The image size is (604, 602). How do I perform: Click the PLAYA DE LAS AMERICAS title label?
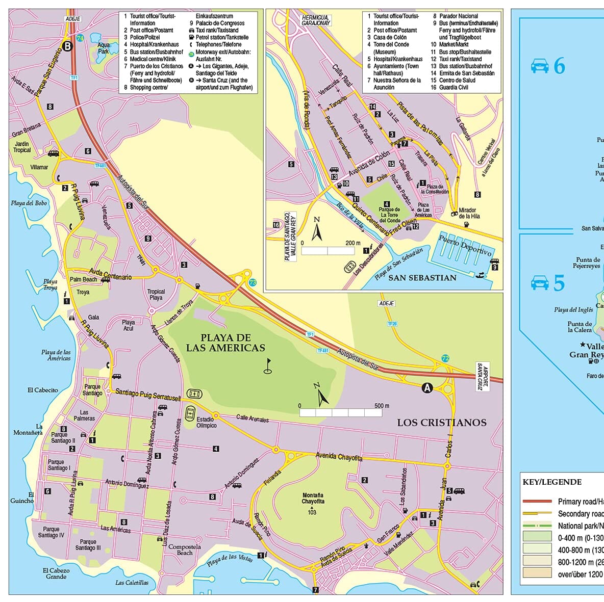pos(225,343)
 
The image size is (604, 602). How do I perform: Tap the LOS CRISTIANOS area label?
pos(442,422)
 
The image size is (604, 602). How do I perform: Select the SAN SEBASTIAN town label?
pos(422,278)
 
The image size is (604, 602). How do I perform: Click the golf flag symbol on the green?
pos(268,366)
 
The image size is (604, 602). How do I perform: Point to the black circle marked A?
pos(427,388)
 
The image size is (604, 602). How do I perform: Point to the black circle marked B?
pos(67,46)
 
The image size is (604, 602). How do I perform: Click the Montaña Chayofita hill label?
pos(313,498)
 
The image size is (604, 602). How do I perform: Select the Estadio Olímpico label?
pos(207,422)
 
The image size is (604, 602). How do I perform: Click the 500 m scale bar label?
pos(382,406)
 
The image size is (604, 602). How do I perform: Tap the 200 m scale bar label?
pos(353,243)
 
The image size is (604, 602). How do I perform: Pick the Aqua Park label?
pos(104,48)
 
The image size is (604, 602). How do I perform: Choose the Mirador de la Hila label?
pos(469,213)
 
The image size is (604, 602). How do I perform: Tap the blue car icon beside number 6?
pos(539,66)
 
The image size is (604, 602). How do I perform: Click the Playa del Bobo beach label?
pos(29,203)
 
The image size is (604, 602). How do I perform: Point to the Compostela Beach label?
pos(185,549)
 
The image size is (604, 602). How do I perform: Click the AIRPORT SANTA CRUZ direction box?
pos(482,378)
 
